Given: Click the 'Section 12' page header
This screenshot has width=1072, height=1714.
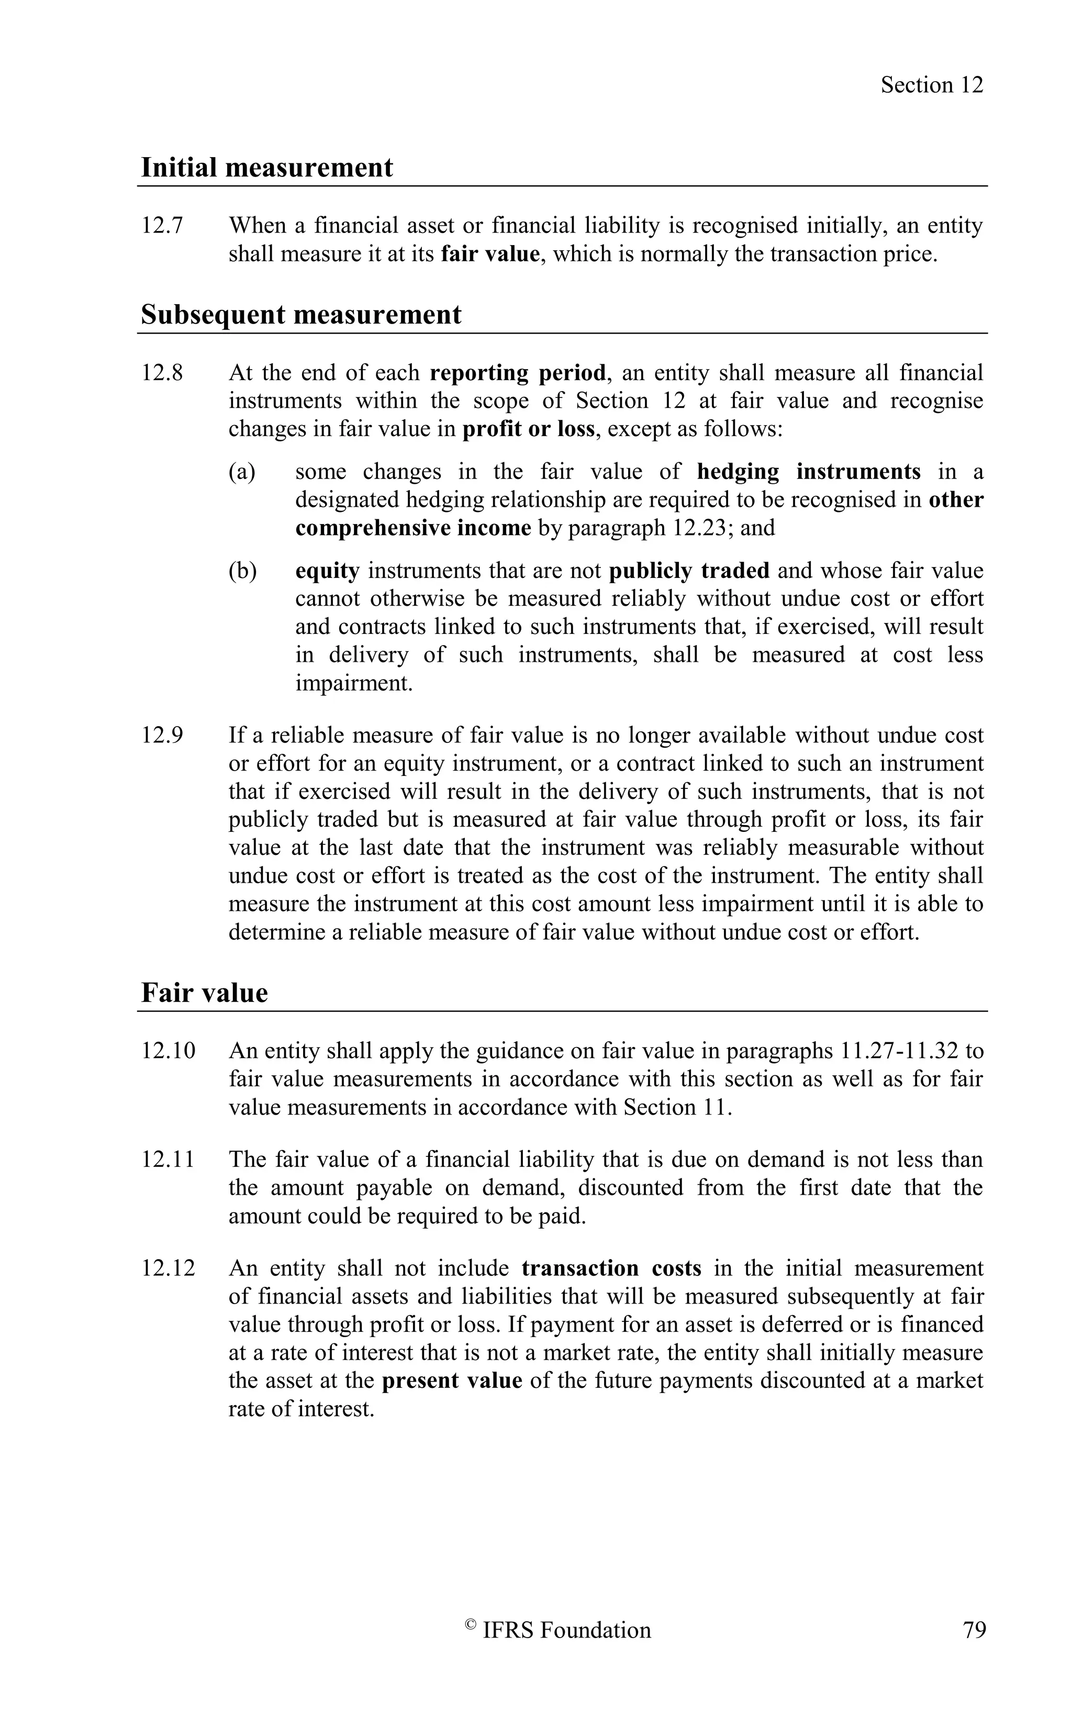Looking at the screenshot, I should point(932,85).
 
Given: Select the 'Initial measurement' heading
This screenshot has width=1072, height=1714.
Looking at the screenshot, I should point(266,168).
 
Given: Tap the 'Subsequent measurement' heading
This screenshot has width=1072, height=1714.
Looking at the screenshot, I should point(300,315).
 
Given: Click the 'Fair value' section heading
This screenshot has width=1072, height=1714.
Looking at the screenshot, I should point(204,993).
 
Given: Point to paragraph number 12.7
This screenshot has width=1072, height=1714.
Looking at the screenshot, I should point(162,226).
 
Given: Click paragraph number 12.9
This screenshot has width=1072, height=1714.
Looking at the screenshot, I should point(162,736).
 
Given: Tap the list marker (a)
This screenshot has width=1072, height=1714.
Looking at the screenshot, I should point(242,472).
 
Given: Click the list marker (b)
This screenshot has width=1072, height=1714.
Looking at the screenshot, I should point(242,571).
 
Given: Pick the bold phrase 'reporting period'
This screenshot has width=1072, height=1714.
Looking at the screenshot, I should point(518,373).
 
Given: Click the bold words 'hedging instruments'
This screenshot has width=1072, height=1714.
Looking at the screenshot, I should point(809,472).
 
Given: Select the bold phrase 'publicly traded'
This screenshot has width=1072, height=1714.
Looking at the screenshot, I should point(689,571).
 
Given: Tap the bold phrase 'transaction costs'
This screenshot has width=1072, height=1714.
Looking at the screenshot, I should point(611,1268).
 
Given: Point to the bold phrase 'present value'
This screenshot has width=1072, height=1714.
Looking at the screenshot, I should point(452,1381).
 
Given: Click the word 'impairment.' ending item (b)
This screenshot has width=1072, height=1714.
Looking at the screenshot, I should point(354,684).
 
